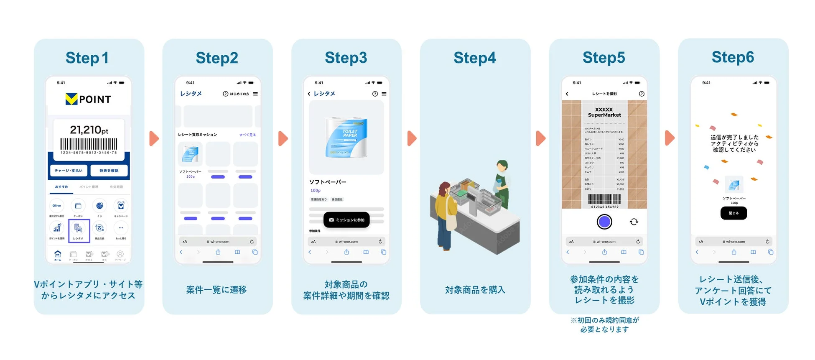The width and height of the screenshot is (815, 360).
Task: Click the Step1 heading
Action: pyautogui.click(x=87, y=58)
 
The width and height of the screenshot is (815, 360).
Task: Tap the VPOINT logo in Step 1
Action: pyautogui.click(x=88, y=99)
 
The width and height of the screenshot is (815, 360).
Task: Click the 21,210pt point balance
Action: pyautogui.click(x=89, y=130)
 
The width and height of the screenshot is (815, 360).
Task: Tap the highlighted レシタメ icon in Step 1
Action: pyautogui.click(x=79, y=230)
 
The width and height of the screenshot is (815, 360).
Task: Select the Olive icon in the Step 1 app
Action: pyautogui.click(x=57, y=206)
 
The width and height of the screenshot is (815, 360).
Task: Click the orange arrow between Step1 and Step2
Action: pyautogui.click(x=154, y=138)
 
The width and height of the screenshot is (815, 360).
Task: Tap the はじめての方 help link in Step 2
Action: pyautogui.click(x=237, y=94)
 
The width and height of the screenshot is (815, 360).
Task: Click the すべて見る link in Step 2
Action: pyautogui.click(x=247, y=135)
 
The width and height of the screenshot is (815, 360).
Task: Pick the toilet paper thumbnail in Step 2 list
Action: pyautogui.click(x=190, y=154)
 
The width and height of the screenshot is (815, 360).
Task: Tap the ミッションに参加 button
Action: pyautogui.click(x=346, y=220)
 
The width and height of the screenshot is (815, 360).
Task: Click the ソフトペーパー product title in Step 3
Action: pyautogui.click(x=328, y=182)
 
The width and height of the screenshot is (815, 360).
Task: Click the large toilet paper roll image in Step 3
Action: pyautogui.click(x=346, y=138)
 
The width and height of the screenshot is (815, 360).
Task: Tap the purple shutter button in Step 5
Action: pyautogui.click(x=604, y=222)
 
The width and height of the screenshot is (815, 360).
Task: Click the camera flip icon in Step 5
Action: pyautogui.click(x=634, y=222)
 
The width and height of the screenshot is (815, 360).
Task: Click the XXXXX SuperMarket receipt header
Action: pyautogui.click(x=604, y=112)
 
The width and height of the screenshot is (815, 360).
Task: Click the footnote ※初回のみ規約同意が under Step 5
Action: pyautogui.click(x=604, y=320)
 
